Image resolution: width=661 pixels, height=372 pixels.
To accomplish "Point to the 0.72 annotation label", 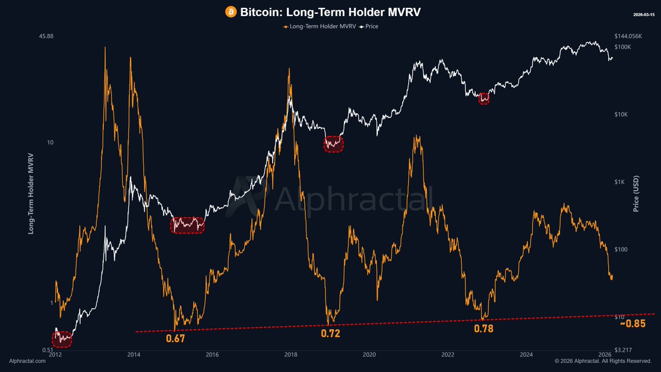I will [x=330, y=333].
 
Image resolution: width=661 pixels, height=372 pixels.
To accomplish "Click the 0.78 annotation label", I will [x=484, y=328].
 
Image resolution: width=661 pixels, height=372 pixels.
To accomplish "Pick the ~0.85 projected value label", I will [x=632, y=324].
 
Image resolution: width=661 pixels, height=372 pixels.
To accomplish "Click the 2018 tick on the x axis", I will [x=290, y=355].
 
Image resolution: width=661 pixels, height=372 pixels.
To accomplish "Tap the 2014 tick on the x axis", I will [x=133, y=355].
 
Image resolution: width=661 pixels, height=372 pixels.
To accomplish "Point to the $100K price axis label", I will [x=623, y=47].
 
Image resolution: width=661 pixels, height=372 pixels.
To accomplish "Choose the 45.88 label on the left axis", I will [x=47, y=36].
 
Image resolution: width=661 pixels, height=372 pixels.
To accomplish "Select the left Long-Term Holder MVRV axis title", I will [x=31, y=193].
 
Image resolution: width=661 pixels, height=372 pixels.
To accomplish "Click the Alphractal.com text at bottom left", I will [x=25, y=361].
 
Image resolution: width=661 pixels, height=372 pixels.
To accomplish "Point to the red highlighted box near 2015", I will [x=187, y=225].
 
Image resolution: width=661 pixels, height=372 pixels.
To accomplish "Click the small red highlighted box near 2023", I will [x=484, y=98].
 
